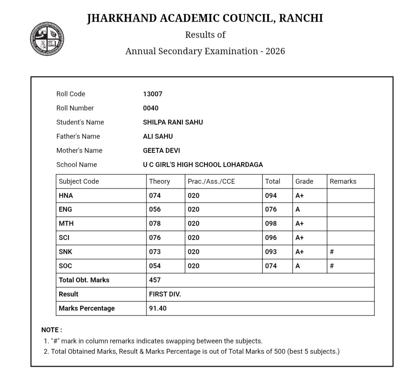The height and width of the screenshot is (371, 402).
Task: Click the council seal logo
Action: click(47, 39)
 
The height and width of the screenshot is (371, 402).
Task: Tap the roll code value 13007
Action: click(153, 94)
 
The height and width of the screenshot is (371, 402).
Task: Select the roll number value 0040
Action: click(151, 108)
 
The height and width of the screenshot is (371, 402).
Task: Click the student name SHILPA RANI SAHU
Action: click(173, 122)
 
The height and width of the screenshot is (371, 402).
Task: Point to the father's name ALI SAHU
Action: click(158, 137)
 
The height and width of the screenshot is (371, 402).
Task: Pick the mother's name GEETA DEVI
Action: click(161, 151)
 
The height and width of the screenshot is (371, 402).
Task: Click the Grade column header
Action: click(304, 182)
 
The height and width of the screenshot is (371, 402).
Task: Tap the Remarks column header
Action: click(343, 182)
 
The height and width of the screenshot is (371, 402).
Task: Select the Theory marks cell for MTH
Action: click(155, 224)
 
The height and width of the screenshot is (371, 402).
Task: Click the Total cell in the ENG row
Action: click(271, 210)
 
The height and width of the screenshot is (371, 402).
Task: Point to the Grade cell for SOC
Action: click(298, 266)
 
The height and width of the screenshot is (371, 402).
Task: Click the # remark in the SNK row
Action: click(332, 252)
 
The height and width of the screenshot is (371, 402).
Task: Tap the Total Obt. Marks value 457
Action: click(155, 280)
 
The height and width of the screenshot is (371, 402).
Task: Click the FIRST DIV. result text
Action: click(165, 294)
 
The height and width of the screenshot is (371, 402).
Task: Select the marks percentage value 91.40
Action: click(158, 308)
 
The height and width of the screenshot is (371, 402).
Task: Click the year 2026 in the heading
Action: click(275, 51)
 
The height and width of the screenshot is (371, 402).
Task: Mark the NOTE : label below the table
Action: click(52, 330)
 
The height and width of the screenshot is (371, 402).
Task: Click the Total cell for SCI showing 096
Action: click(271, 238)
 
